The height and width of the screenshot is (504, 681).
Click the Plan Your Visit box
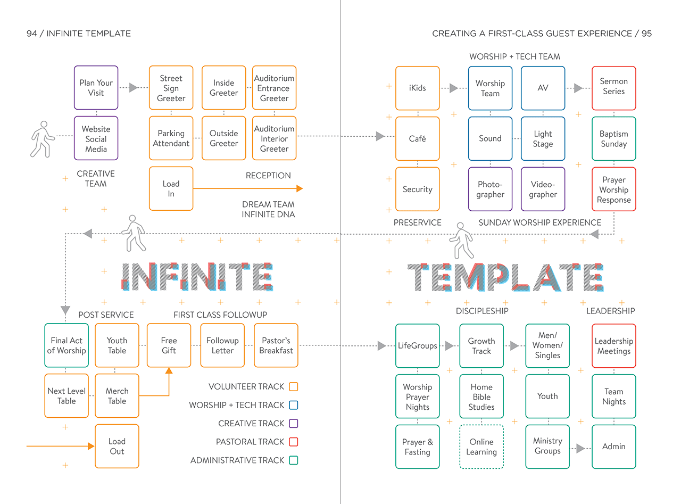pyautogui.click(x=96, y=88)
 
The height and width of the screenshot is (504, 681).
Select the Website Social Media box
pyautogui.click(x=96, y=138)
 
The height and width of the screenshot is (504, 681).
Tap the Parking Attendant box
pyautogui.click(x=171, y=138)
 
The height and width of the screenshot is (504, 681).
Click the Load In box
pyautogui.click(x=171, y=188)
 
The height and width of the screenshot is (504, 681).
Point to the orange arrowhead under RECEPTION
pyautogui.click(x=299, y=188)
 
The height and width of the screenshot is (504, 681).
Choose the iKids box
pyautogui.click(x=417, y=88)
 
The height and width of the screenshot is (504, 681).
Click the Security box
pyautogui.click(x=417, y=189)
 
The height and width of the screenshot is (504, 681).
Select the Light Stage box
pyautogui.click(x=543, y=138)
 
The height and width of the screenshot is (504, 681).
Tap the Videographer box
pyautogui.click(x=543, y=189)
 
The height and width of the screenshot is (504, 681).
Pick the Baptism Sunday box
pyautogui.click(x=613, y=138)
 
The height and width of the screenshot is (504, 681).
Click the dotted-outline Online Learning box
pyautogui.click(x=481, y=447)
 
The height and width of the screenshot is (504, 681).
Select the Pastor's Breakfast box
pyautogui.click(x=276, y=345)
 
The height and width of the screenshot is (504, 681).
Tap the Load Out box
pyautogui.click(x=117, y=446)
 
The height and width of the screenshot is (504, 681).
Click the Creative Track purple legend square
pyautogui.click(x=293, y=424)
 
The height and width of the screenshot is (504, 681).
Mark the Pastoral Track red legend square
pyautogui.click(x=293, y=442)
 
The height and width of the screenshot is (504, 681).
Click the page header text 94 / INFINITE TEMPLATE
pyautogui.click(x=79, y=34)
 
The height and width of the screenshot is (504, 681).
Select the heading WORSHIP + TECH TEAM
pyautogui.click(x=514, y=56)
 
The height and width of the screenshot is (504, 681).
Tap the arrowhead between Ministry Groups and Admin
pyautogui.click(x=580, y=448)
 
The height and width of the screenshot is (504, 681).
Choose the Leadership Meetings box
pyautogui.click(x=613, y=346)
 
